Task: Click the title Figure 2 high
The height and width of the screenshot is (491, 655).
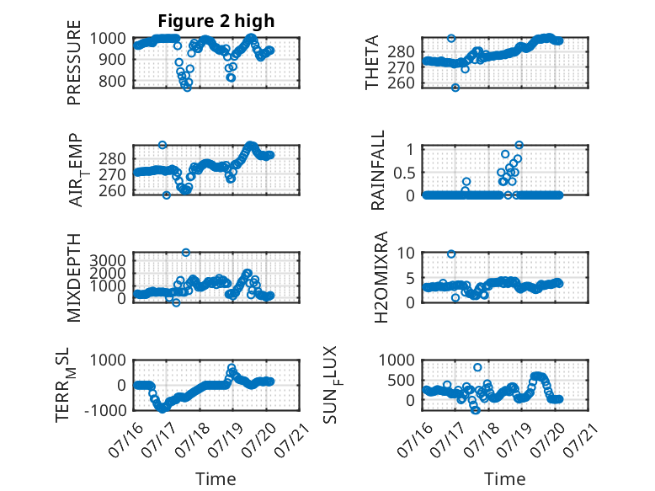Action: coord(216,21)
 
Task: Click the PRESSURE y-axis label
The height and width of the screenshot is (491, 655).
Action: coord(73,62)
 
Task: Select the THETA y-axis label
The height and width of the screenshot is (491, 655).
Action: coord(371,62)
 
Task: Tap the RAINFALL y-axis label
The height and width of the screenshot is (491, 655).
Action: coord(378,170)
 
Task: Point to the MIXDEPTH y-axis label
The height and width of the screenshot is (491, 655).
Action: coord(73,278)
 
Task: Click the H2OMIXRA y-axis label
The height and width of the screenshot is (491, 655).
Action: coord(381,277)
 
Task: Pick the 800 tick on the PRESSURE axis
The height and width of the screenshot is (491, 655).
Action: coord(112,81)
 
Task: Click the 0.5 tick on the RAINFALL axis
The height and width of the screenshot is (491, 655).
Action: coord(403,172)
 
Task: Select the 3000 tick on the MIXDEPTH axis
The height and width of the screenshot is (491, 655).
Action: coord(108,261)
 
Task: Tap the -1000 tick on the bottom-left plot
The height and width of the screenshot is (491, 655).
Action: coord(105,410)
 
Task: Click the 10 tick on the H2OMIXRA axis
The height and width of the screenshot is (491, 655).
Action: coord(406,253)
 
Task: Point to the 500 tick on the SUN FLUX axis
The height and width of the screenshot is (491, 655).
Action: coord(401,381)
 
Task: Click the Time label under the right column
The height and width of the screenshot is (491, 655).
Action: coord(504,479)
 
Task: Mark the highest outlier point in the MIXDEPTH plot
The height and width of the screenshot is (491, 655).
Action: coord(186,253)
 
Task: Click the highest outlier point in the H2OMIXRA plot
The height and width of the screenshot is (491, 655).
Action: coord(451,254)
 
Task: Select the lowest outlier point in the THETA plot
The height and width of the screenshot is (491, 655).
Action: coord(455,88)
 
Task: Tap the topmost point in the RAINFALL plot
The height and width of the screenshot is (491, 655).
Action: coord(519,145)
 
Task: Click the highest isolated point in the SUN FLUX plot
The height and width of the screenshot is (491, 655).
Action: coord(477,367)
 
